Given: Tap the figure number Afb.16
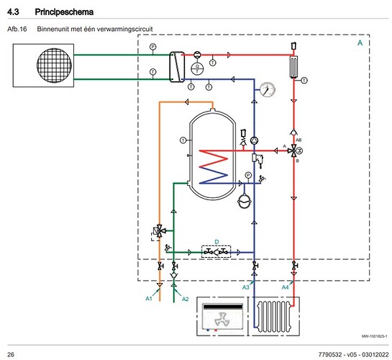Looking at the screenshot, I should (16, 29).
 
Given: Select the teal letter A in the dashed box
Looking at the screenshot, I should (360, 44).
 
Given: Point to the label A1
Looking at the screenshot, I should (150, 297).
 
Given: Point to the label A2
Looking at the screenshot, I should (184, 297).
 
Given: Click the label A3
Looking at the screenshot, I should (245, 288).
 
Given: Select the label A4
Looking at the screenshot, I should (285, 288).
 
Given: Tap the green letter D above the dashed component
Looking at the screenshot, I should (216, 241).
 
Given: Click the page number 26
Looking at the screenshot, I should (11, 353).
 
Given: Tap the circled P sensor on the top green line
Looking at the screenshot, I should (152, 47).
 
